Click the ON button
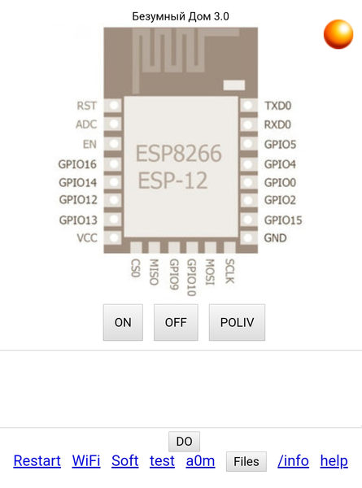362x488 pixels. tap(123, 322)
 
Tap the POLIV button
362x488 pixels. tap(237, 322)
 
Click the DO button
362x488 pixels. tap(185, 442)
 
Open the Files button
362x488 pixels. tap(246, 461)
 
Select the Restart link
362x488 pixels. tap(37, 461)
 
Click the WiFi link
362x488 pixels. tap(86, 461)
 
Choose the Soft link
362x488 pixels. tap(124, 461)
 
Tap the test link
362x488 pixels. tap(162, 461)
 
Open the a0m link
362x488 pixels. tap(200, 461)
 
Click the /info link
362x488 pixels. tap(293, 461)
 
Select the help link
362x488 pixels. tap(334, 461)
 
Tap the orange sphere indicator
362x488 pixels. tap(338, 34)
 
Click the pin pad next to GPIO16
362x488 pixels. tap(114, 163)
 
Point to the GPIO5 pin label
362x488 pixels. tap(280, 145)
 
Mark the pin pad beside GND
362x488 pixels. tap(248, 238)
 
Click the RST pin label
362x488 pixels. tap(87, 106)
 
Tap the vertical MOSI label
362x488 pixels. tap(210, 272)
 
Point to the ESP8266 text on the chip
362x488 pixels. tap(179, 153)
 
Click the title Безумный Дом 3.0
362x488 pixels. tap(181, 16)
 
